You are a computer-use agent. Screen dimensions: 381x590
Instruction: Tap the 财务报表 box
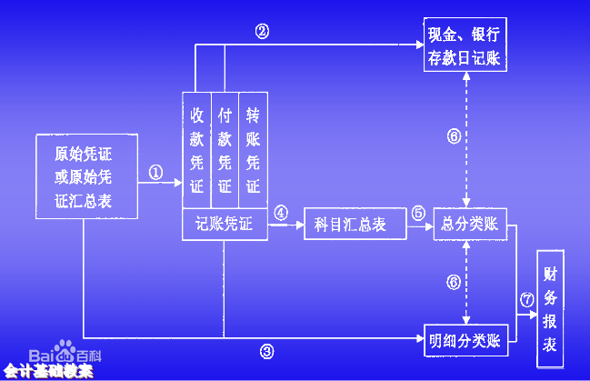(551, 309)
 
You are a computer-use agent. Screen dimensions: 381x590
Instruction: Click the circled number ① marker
(155, 172)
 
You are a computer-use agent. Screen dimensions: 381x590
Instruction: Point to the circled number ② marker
(262, 31)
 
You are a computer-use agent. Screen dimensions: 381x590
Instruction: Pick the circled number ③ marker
(266, 352)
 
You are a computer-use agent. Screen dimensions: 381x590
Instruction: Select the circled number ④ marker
(281, 213)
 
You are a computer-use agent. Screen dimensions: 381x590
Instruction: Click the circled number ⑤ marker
(418, 213)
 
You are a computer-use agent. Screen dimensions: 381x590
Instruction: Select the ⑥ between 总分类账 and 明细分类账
(454, 282)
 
